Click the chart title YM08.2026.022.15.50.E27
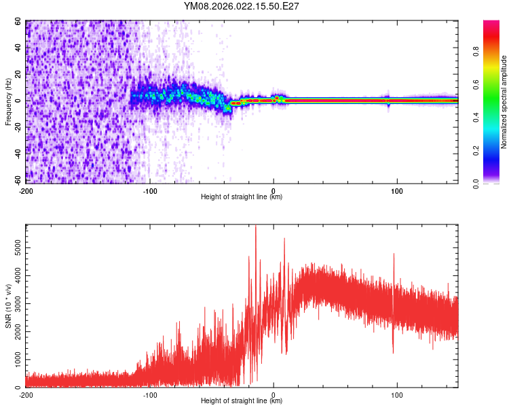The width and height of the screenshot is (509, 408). [242, 6]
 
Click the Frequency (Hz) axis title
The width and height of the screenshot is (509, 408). [9, 103]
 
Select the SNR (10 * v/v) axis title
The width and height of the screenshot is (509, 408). [9, 306]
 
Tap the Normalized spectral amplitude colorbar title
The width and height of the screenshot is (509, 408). [504, 103]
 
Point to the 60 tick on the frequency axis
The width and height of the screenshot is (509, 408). [19, 22]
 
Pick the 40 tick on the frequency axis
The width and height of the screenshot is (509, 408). [19, 48]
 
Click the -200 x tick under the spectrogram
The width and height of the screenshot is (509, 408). [26, 191]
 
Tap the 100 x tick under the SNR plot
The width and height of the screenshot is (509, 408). [398, 395]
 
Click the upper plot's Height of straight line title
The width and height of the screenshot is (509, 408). [242, 197]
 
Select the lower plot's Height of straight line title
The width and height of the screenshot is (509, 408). [242, 401]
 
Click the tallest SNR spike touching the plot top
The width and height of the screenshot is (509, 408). [256, 227]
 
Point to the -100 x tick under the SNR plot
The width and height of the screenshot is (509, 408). [150, 395]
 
